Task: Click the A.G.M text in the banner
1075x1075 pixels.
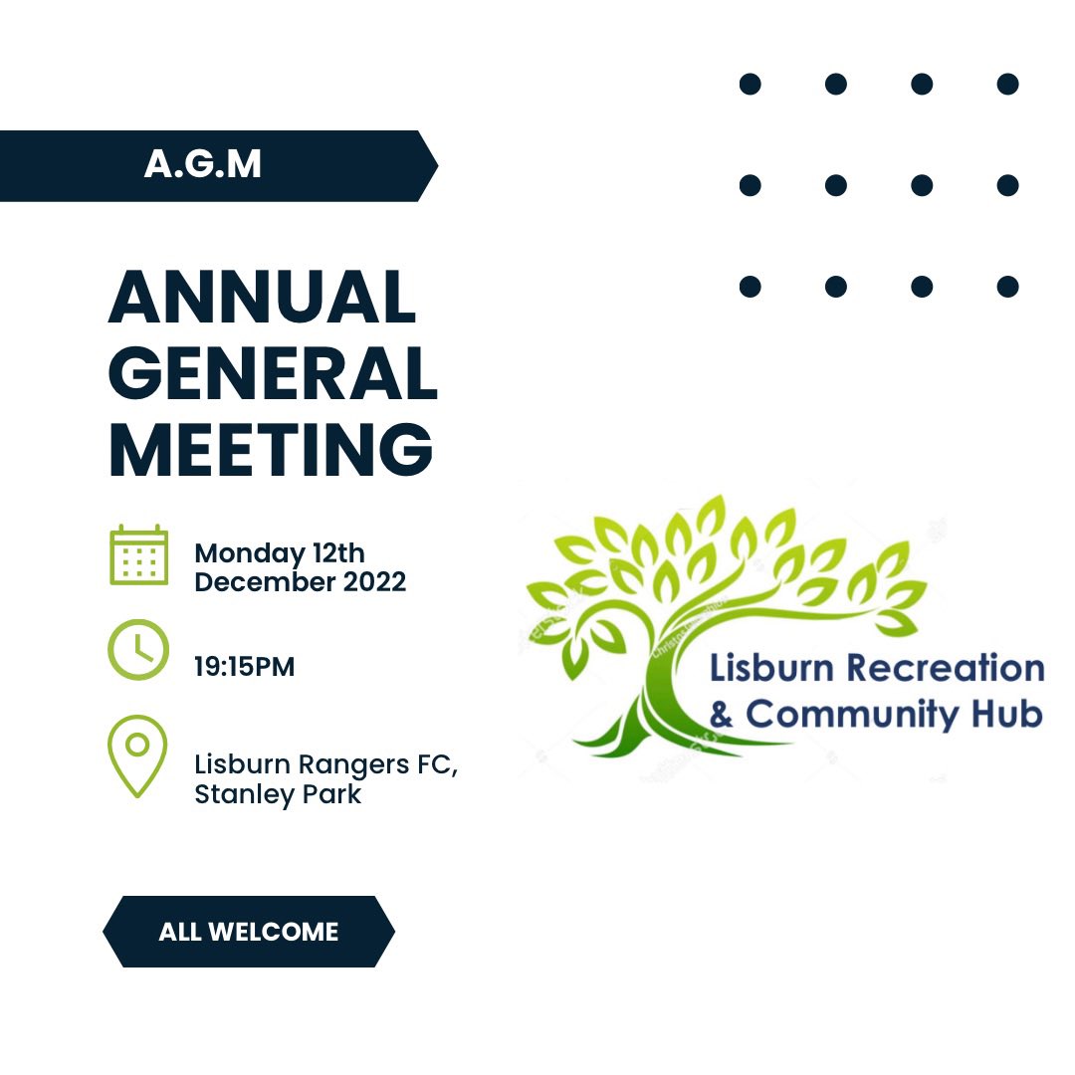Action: click(203, 164)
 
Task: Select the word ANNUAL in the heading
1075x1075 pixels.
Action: click(262, 297)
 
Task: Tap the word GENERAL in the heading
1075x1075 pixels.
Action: click(273, 373)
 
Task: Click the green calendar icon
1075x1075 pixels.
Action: click(139, 555)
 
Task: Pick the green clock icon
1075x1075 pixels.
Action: click(138, 649)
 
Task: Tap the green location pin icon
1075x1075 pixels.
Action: click(137, 756)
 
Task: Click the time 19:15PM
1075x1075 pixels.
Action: click(244, 666)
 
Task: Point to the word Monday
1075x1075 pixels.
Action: click(250, 554)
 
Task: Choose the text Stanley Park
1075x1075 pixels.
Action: click(278, 794)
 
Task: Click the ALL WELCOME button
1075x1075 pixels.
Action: click(249, 931)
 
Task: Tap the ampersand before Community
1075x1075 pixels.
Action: click(722, 715)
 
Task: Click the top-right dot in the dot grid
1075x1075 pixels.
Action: click(1007, 85)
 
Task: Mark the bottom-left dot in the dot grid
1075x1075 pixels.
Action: click(751, 287)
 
